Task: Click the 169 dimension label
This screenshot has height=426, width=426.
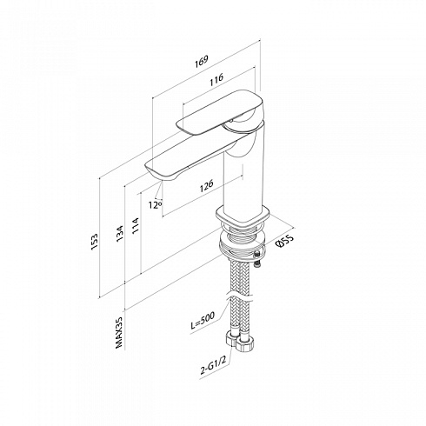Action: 202,62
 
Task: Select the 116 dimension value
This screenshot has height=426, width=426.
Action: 216,79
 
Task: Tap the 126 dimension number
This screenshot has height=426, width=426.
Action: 207,185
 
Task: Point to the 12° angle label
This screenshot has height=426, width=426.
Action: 155,205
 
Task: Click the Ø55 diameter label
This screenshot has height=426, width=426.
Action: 285,241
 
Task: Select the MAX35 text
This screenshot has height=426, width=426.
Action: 119,332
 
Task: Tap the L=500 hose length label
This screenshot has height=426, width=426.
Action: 203,320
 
